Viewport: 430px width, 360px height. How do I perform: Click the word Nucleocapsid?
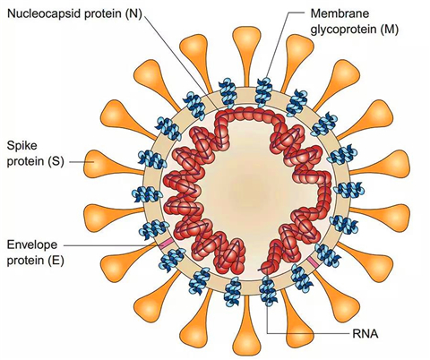tap(42, 13)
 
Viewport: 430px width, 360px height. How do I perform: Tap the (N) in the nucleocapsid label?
tap(133, 14)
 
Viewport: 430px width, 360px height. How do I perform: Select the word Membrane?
tap(340, 13)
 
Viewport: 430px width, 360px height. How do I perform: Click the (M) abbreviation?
tap(389, 30)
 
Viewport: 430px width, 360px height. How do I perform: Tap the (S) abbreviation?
tap(56, 161)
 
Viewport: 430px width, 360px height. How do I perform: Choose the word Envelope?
tap(32, 245)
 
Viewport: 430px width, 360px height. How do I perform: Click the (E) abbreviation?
tap(56, 261)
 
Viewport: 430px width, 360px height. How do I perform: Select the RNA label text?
tap(365, 334)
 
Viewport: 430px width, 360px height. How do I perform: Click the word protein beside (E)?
tap(26, 261)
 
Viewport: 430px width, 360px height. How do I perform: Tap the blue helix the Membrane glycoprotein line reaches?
tap(264, 91)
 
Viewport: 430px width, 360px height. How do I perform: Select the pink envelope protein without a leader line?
tap(313, 261)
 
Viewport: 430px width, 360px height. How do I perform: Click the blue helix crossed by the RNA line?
tap(268, 290)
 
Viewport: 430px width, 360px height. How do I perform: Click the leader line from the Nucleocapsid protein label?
tap(182, 63)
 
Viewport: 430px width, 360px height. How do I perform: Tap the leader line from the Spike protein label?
tap(82, 162)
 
